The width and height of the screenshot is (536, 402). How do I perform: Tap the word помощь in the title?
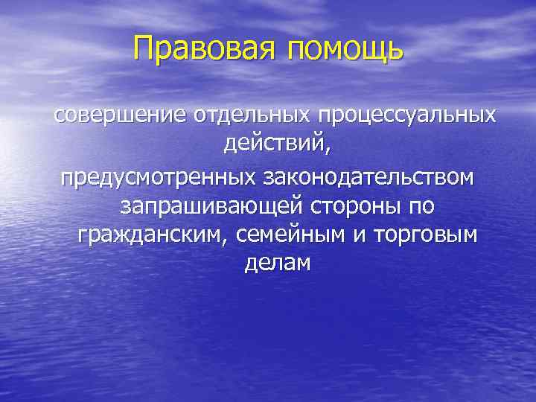[344, 51]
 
